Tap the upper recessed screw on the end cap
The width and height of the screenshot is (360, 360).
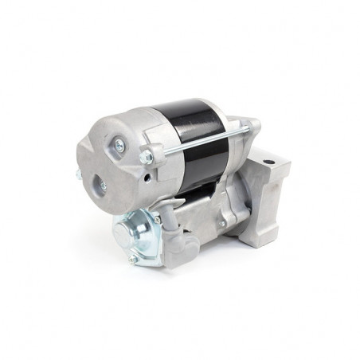(x=119, y=143)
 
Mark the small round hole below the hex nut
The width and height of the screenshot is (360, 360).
(x=147, y=175)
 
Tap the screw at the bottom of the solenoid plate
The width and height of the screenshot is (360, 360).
(x=132, y=260)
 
